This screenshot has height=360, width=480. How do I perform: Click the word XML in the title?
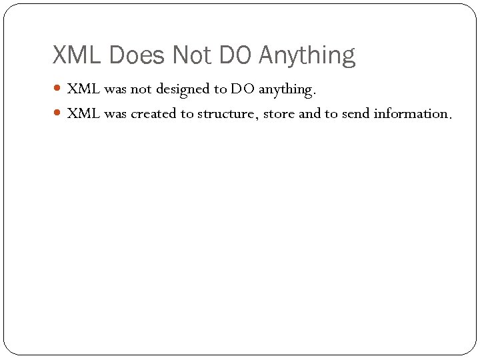(x=75, y=55)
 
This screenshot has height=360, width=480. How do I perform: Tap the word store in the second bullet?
(x=279, y=114)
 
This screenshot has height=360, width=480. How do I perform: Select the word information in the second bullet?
(x=412, y=114)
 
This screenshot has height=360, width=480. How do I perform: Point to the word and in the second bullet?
(x=309, y=114)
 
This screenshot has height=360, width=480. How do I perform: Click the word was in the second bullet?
(x=115, y=114)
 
